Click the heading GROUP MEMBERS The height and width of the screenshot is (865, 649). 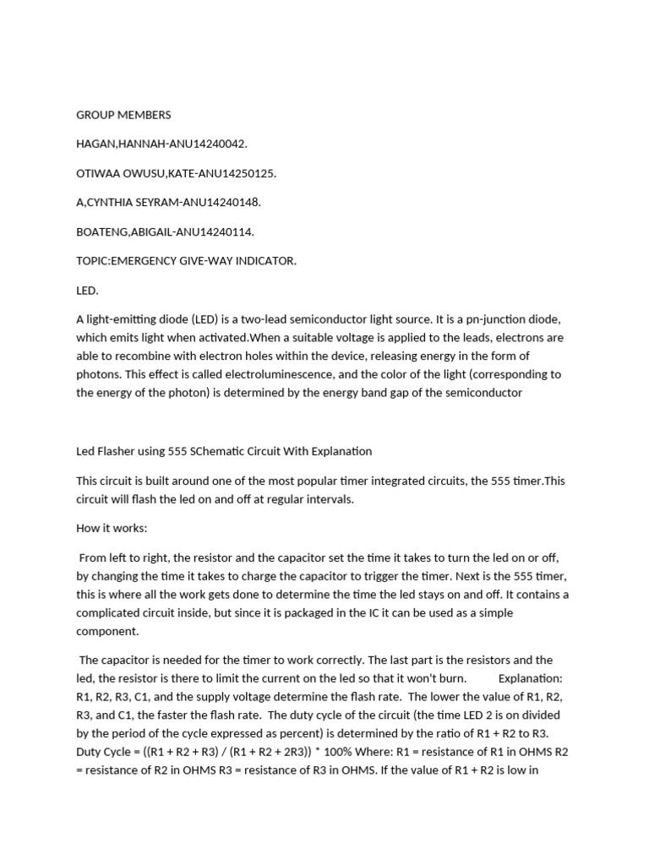click(x=123, y=115)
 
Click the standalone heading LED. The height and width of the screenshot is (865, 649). click(x=87, y=291)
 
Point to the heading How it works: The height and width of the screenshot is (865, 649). click(x=112, y=528)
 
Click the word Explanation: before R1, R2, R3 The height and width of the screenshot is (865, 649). click(x=530, y=678)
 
